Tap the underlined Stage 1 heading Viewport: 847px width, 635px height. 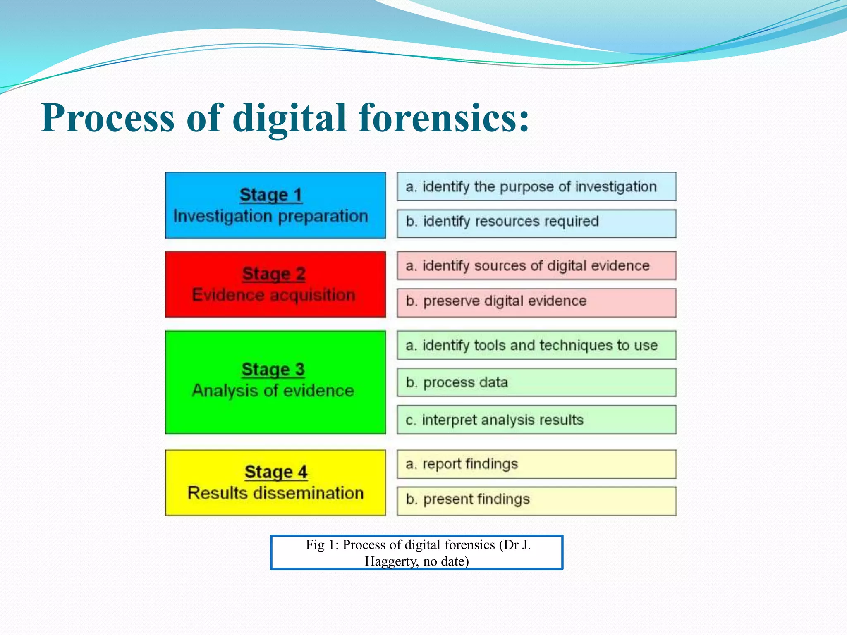pos(271,195)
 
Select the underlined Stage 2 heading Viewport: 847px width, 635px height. pos(274,274)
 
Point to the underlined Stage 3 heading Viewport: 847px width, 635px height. pos(273,369)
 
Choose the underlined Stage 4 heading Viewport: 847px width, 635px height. pos(276,472)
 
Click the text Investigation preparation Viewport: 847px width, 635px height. pos(270,216)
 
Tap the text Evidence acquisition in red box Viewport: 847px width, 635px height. pos(274,295)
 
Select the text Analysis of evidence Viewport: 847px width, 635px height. pos(273,391)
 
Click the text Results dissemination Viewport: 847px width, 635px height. pos(275,493)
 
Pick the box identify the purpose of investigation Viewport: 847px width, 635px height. pos(536,187)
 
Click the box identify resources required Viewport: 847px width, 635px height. pos(536,224)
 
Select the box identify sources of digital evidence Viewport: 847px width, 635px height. pos(536,266)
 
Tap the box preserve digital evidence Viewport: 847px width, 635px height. pos(536,303)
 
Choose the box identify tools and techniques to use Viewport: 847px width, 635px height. pos(536,345)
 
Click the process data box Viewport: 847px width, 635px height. pos(536,382)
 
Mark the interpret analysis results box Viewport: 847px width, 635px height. pos(536,420)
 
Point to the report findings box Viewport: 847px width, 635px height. pos(536,464)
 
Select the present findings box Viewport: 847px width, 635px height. pos(536,501)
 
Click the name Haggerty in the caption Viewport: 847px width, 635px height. pos(391,561)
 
